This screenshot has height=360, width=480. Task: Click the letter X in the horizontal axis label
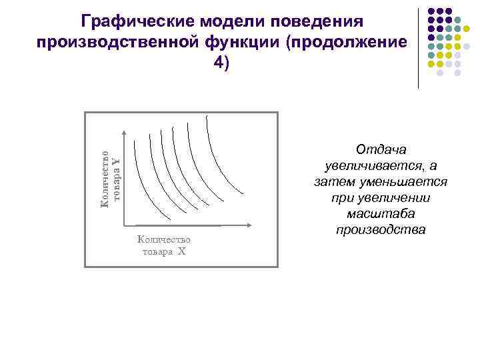(181, 251)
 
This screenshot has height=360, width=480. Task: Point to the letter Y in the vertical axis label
(115, 162)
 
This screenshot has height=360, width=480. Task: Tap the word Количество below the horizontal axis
(163, 239)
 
